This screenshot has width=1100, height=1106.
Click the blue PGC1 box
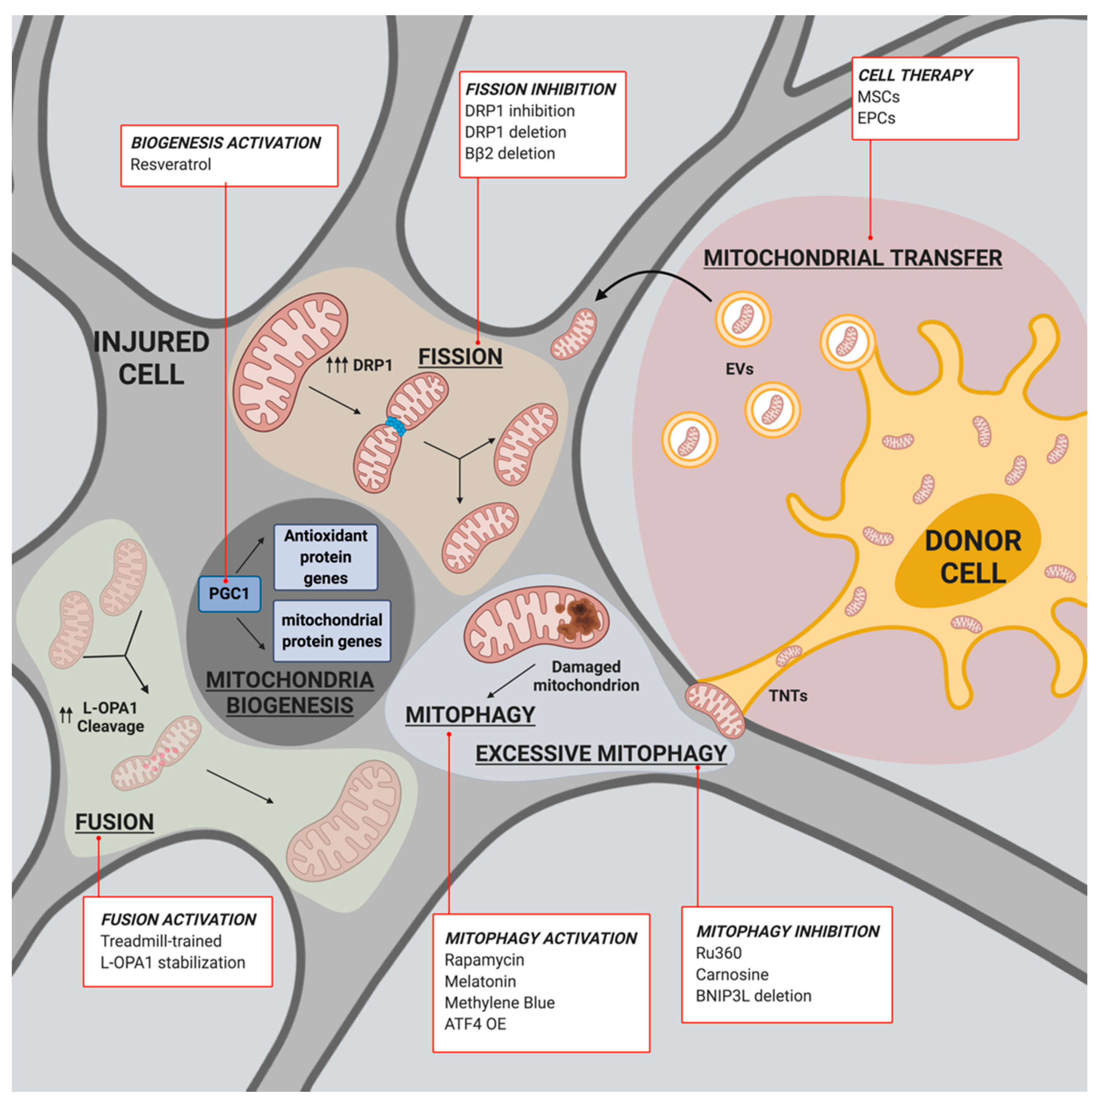coord(229,594)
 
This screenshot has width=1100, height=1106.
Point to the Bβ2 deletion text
coord(510,153)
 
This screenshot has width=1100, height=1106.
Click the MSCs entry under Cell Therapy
coord(878,97)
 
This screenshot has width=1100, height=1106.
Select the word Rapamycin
coord(484,960)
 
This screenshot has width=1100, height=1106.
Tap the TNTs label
coord(788,696)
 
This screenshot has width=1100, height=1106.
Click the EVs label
coord(739,369)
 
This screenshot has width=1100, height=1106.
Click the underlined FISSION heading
coord(460,357)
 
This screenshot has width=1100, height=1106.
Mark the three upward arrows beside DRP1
coord(337,365)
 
